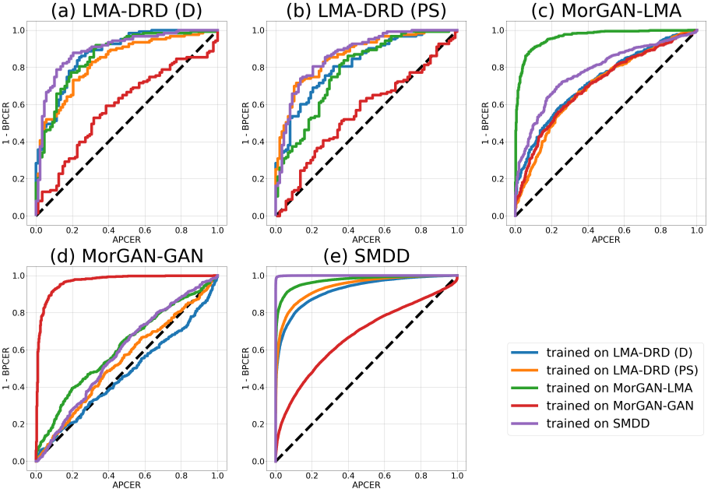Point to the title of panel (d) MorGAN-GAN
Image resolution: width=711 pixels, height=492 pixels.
127,258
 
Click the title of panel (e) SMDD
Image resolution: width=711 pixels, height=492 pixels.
366,258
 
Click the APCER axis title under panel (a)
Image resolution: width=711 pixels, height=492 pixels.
127,239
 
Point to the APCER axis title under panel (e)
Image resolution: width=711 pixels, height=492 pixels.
366,484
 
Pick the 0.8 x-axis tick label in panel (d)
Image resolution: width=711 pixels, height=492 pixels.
181,475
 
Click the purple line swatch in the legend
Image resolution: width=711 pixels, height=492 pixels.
525,423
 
